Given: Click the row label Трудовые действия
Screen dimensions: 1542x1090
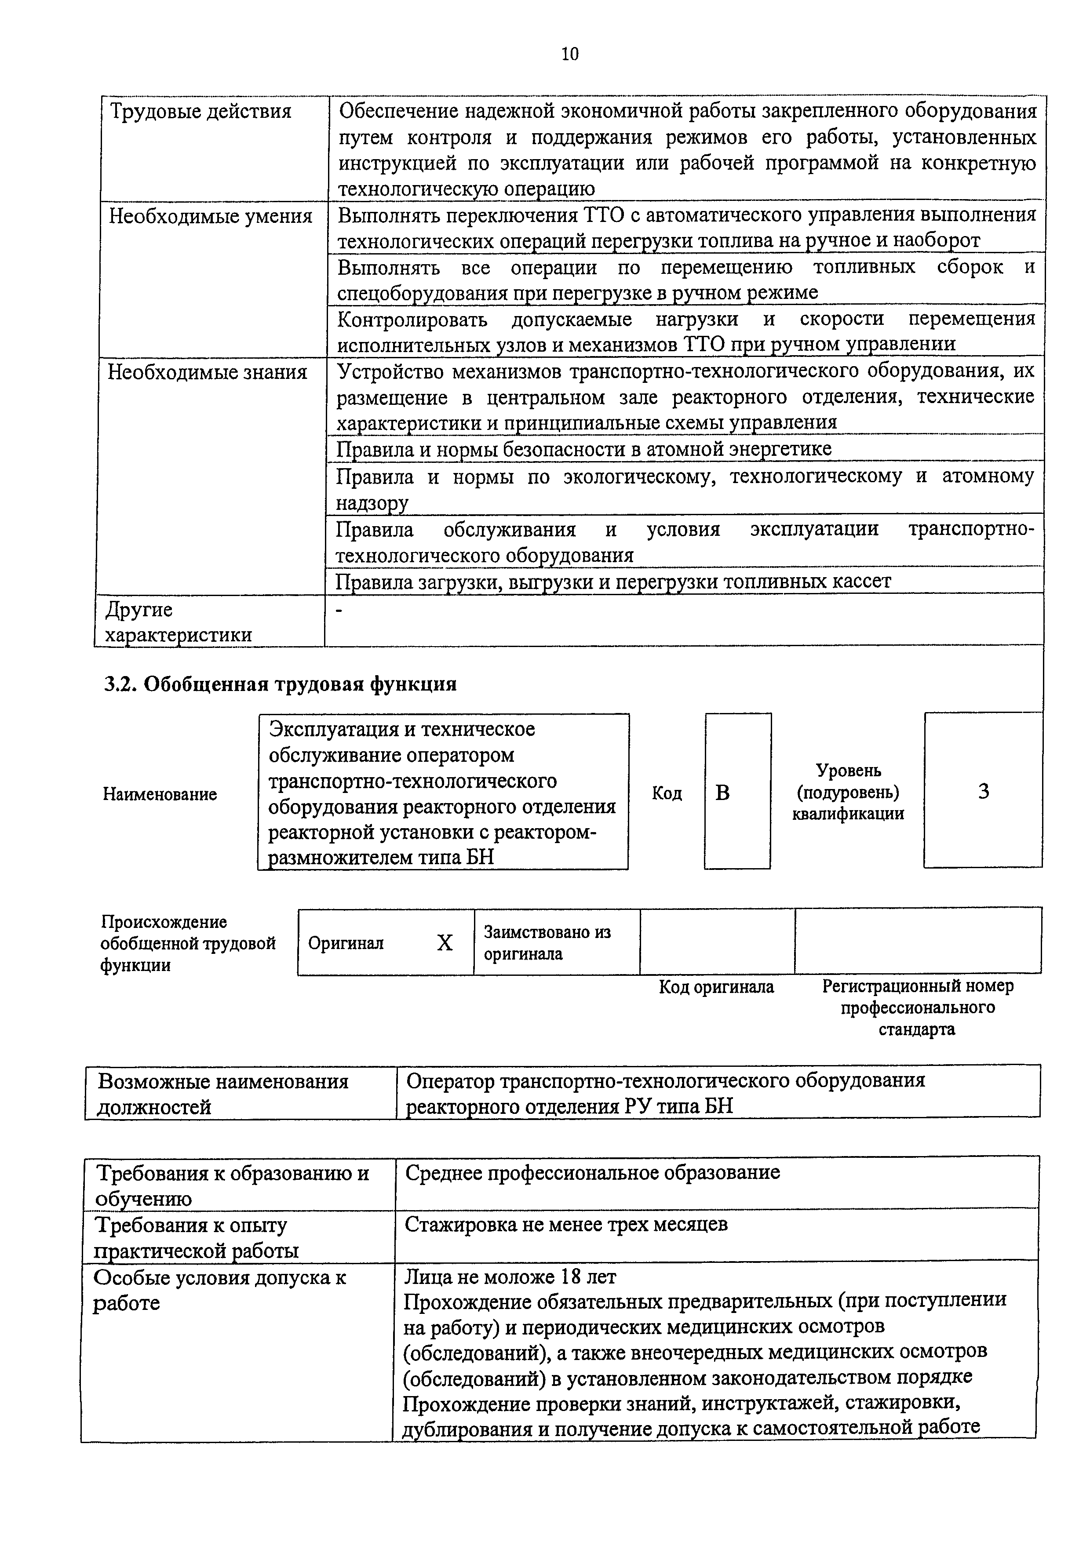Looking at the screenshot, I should click(x=200, y=112).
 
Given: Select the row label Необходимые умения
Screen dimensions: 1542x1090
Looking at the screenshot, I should click(x=210, y=216).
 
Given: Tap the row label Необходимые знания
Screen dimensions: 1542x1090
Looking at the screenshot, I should click(x=208, y=372).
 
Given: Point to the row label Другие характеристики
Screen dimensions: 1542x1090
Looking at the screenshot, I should click(x=178, y=622).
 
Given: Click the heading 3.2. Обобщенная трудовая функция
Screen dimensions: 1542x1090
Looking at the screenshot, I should click(x=280, y=684).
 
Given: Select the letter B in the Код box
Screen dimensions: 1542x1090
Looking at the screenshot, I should click(x=723, y=793).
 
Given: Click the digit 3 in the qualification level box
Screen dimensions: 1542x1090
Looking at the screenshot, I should click(x=983, y=792).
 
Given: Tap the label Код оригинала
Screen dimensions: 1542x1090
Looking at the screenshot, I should click(x=716, y=986).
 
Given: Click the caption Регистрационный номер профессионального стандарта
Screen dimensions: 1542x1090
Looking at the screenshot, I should click(x=917, y=1007).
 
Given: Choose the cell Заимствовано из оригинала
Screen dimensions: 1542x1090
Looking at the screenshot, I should click(x=547, y=943).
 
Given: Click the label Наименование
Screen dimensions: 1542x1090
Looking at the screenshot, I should click(x=160, y=794).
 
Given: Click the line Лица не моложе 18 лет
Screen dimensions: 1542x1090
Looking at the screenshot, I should click(x=510, y=1276).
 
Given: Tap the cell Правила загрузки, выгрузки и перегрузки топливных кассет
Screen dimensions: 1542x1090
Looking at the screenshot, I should click(x=613, y=581).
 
